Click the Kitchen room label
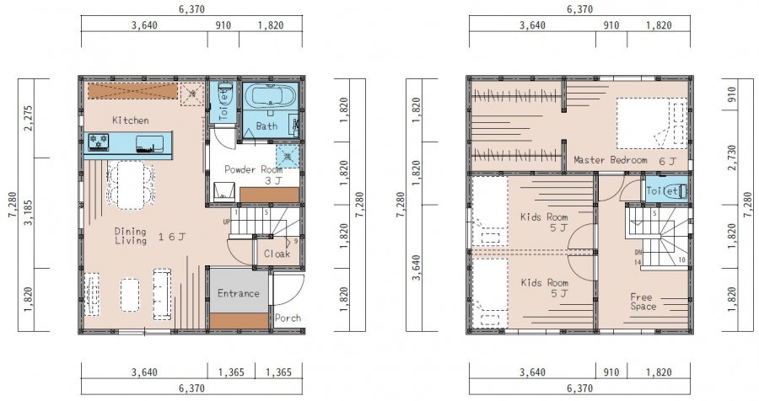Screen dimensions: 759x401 [130, 120]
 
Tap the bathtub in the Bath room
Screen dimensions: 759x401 [270, 96]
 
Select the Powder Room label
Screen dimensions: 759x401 [253, 169]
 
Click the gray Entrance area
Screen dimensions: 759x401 [239, 291]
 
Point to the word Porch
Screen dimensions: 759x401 [288, 318]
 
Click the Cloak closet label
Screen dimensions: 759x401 [277, 254]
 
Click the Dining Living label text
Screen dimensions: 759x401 [131, 236]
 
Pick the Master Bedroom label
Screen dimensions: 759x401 [611, 159]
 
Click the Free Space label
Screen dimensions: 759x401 [643, 302]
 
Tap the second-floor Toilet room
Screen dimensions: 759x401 [666, 190]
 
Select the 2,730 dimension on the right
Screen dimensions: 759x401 [731, 158]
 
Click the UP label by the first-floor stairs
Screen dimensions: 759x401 [227, 222]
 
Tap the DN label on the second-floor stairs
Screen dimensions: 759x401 [638, 253]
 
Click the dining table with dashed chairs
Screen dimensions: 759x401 [131, 184]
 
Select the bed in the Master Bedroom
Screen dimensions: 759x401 [652, 123]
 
